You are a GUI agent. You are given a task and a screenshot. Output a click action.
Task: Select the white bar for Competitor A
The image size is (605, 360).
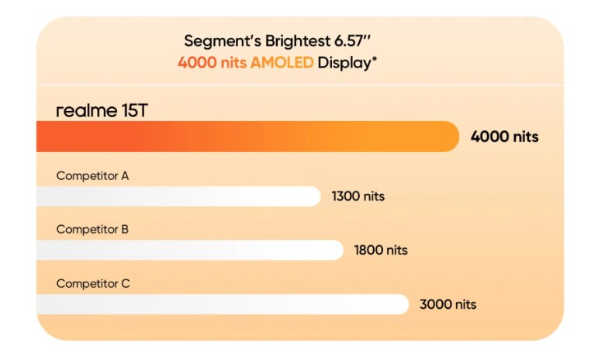click(x=178, y=196)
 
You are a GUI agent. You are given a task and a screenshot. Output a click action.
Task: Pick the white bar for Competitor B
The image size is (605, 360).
click(x=189, y=250)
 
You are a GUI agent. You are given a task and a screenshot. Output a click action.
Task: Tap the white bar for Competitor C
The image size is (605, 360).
click(x=222, y=304)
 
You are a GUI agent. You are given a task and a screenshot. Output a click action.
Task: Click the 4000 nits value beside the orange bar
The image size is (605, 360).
click(x=504, y=137)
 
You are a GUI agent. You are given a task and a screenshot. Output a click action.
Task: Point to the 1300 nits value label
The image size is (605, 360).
click(x=358, y=196)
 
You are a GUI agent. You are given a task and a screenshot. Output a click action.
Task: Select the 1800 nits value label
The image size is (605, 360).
click(x=381, y=250)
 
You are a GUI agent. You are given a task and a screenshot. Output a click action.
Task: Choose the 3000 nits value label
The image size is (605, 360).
click(x=448, y=304)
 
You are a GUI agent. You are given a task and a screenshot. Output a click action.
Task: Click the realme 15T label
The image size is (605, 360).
click(x=102, y=111)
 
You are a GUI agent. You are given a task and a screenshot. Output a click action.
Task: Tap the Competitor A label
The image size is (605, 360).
click(x=92, y=175)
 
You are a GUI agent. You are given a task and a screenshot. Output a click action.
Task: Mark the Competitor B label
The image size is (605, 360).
click(x=92, y=230)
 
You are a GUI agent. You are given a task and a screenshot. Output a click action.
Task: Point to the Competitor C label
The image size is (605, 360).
click(x=92, y=283)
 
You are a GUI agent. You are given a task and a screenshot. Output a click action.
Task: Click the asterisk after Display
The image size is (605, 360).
click(x=375, y=59)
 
